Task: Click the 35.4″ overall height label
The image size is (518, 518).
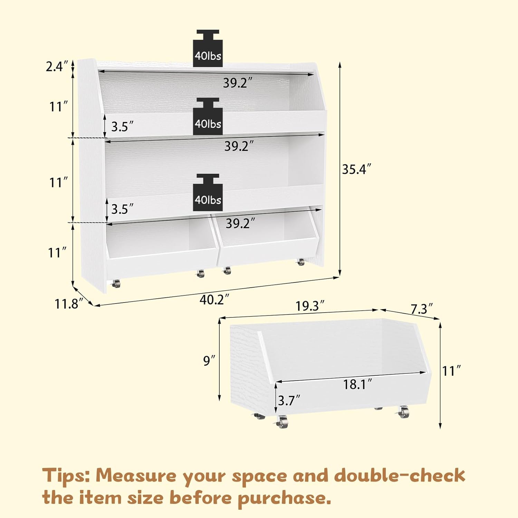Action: click(357, 170)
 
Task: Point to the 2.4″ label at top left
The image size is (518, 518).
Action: click(55, 66)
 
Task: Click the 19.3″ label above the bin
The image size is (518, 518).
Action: click(310, 306)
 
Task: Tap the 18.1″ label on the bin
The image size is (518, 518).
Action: click(357, 384)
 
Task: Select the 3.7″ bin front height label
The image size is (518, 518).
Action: click(289, 401)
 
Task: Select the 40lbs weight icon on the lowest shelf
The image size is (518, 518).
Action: click(208, 192)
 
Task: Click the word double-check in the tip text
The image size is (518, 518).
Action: click(399, 476)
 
